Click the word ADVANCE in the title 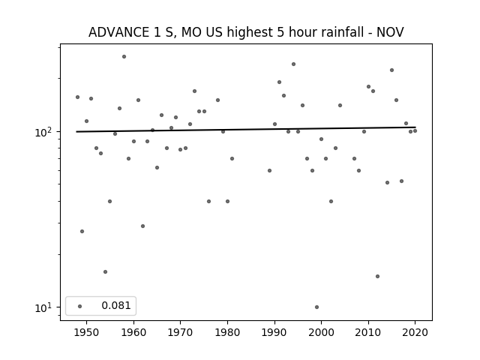[117, 32]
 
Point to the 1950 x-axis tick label [87, 332]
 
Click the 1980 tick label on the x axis [227, 332]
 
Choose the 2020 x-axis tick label [415, 332]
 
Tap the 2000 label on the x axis [321, 332]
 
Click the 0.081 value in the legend [116, 305]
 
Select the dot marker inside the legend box [79, 306]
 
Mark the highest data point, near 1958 [124, 57]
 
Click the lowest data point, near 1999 [316, 307]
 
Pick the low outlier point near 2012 [377, 277]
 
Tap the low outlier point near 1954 [105, 271]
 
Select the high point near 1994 [293, 64]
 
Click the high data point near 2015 [391, 70]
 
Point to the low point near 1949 [82, 232]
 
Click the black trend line [246, 130]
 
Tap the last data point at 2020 [415, 131]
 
